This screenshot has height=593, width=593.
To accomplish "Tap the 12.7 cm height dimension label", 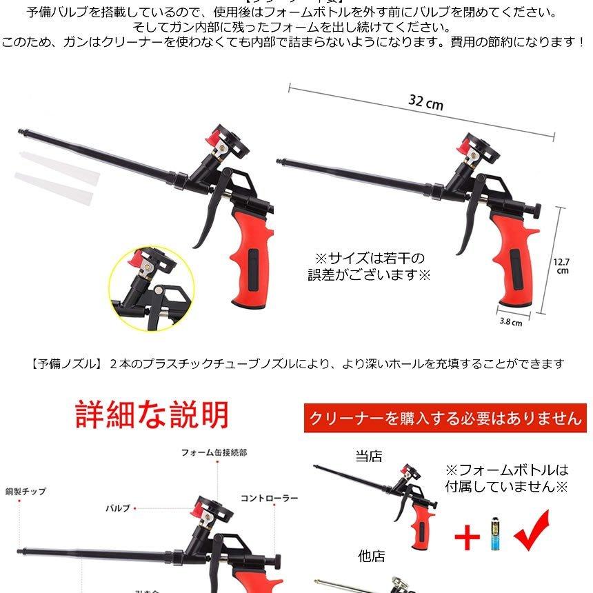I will (x=562, y=265).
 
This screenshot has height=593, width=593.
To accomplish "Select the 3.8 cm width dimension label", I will (x=510, y=321).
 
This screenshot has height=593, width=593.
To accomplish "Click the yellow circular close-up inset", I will (x=148, y=286).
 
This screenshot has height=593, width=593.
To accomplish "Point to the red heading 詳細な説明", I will (x=152, y=415).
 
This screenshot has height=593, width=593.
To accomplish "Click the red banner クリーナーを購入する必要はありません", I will (x=445, y=418).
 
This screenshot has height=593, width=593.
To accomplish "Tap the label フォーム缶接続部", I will (x=214, y=453).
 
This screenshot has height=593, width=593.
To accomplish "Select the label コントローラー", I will (x=269, y=498).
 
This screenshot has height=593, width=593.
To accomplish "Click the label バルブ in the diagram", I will (x=117, y=508).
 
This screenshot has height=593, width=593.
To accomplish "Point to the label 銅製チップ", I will (x=26, y=492).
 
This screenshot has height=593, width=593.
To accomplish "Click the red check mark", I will (x=531, y=531).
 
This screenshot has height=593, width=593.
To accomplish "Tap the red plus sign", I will (x=467, y=537).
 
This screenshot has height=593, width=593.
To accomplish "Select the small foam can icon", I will (x=494, y=534).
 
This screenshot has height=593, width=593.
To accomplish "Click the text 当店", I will (x=369, y=456).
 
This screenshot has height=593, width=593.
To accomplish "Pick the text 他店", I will (x=371, y=556).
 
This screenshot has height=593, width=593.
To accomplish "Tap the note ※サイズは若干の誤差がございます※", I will (x=369, y=266).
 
